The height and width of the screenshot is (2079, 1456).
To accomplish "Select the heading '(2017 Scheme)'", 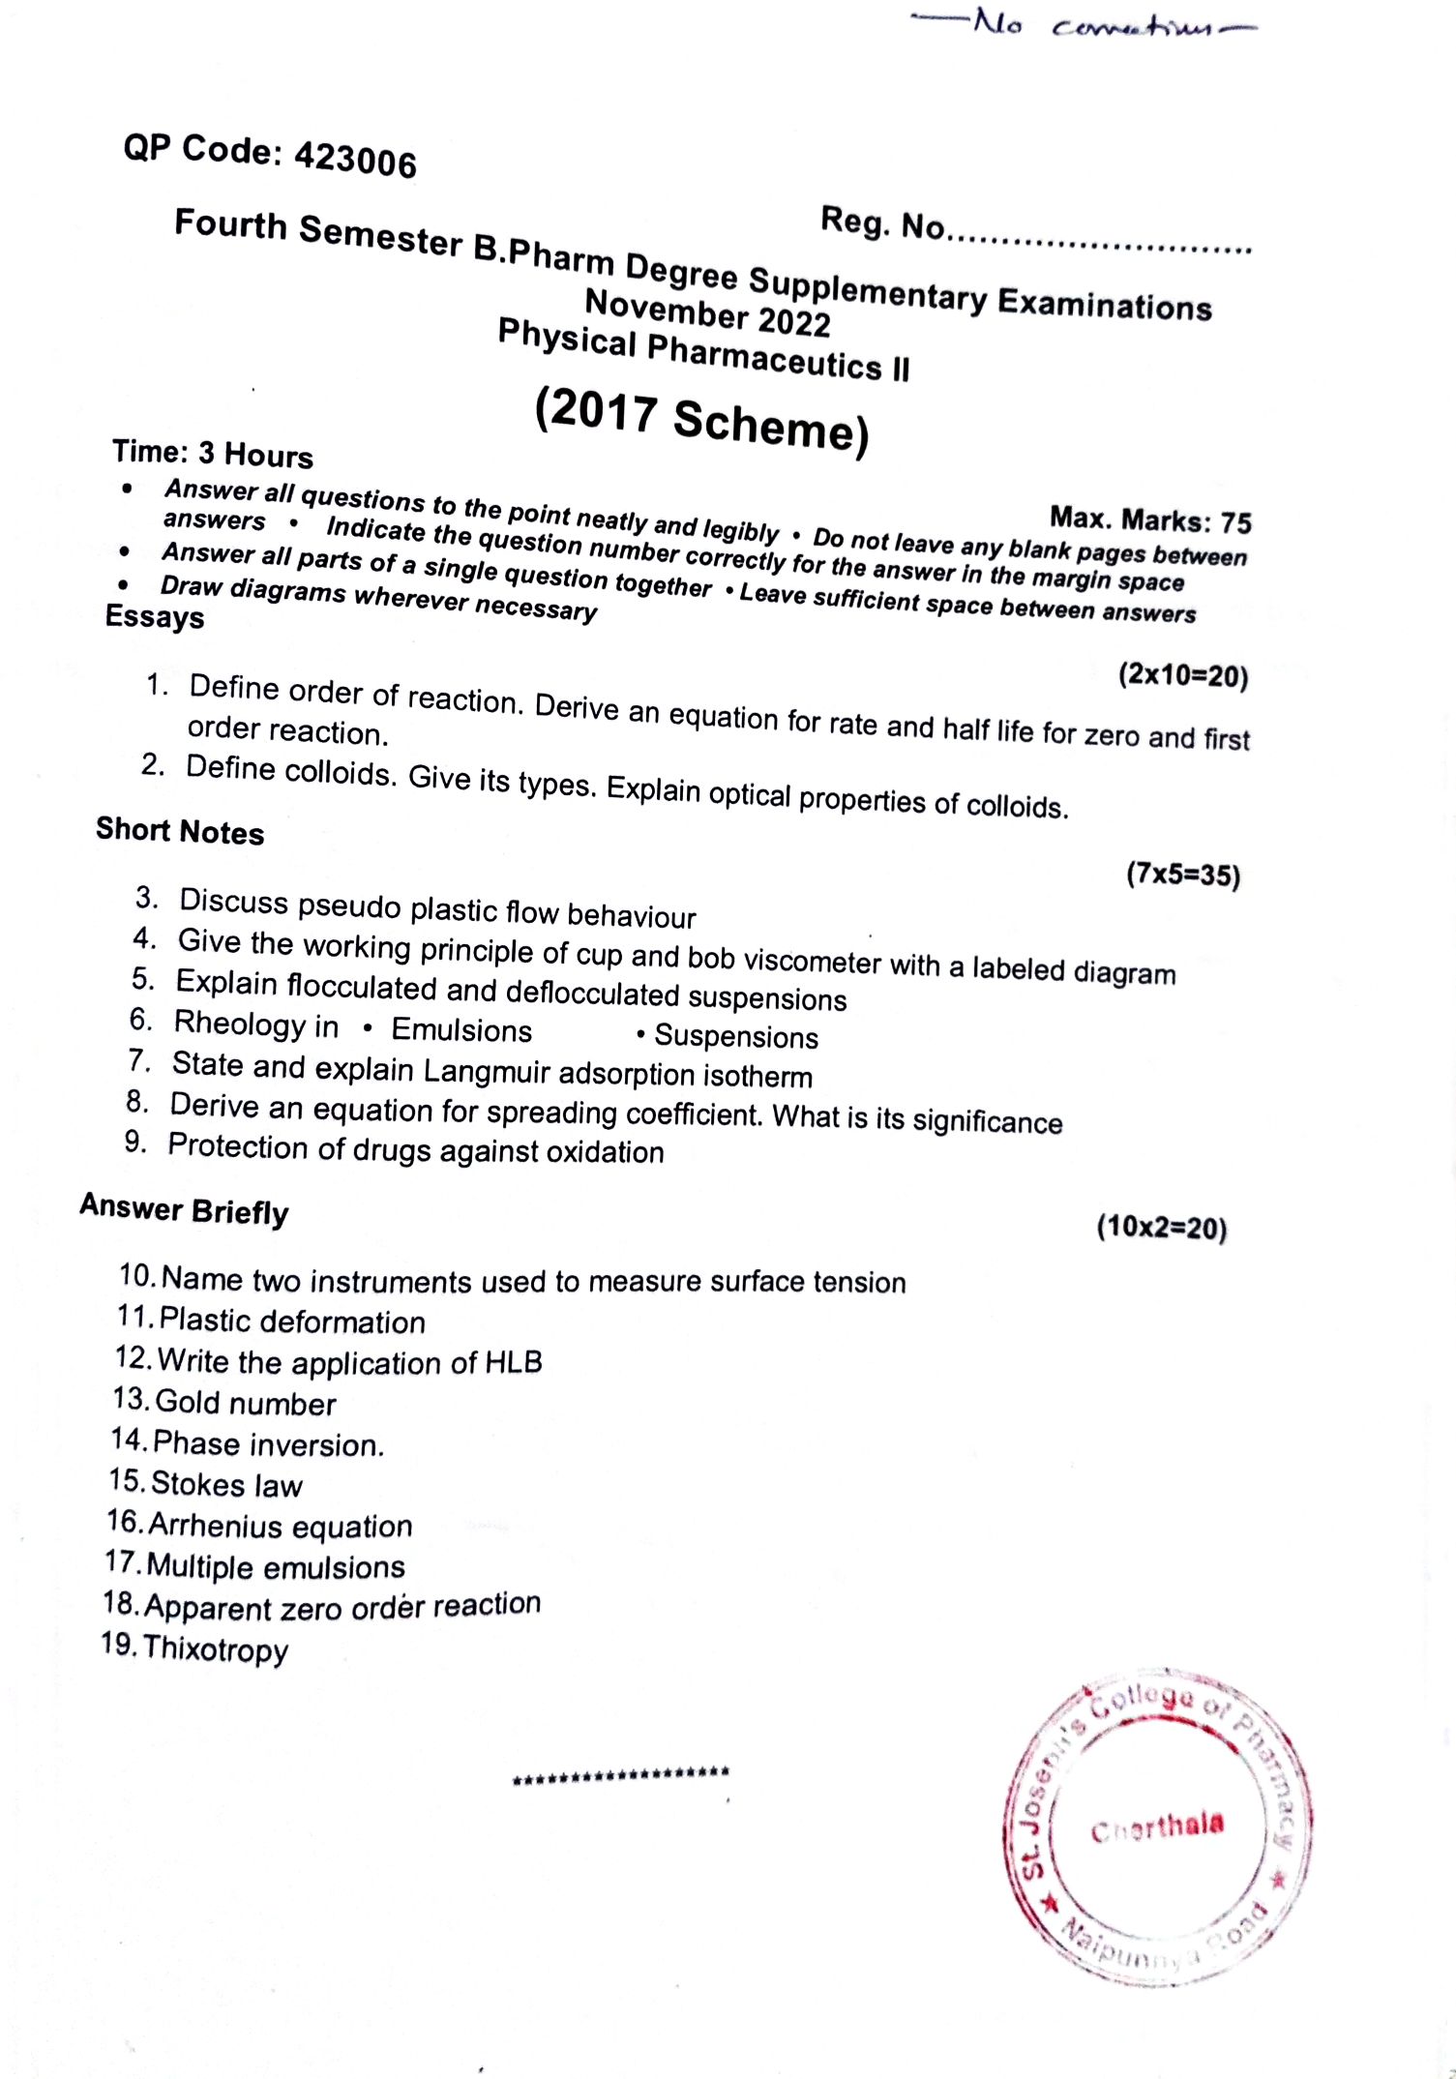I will (x=701, y=422).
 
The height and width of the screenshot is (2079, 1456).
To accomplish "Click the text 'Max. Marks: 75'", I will (x=1150, y=520).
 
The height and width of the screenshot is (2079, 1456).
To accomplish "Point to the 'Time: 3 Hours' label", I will (x=213, y=454).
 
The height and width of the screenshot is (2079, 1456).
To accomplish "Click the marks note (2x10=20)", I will (x=1183, y=674).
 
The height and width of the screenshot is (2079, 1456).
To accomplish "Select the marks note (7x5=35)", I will (x=1182, y=875).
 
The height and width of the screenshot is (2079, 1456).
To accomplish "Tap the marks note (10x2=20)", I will (x=1161, y=1228).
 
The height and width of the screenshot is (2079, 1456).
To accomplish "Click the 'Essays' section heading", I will (x=155, y=616).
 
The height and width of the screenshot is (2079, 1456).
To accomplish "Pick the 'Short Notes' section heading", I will (x=180, y=831).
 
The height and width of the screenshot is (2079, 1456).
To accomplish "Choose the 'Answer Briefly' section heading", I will (x=184, y=1209).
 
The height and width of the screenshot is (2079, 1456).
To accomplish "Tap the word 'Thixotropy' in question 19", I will (x=216, y=1648).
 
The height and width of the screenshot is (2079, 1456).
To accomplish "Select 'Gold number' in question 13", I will (x=246, y=1403).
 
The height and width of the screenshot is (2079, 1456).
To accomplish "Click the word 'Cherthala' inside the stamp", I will (x=1157, y=1827).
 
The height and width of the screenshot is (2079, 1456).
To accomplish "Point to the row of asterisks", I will (x=621, y=1775).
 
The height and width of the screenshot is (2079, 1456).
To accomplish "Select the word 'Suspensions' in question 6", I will (x=736, y=1037).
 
